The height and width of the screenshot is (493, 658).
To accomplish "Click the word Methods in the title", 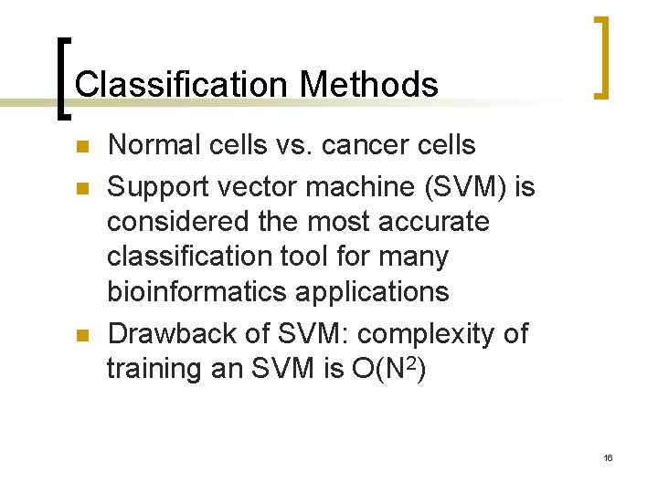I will [369, 85].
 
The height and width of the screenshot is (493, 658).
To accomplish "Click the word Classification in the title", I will [183, 85].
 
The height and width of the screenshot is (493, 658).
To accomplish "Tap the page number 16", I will [608, 457].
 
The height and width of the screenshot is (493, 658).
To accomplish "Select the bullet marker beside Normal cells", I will [81, 146].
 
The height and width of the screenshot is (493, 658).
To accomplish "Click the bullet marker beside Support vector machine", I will [81, 188].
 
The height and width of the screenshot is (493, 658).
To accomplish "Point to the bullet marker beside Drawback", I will [81, 336].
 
